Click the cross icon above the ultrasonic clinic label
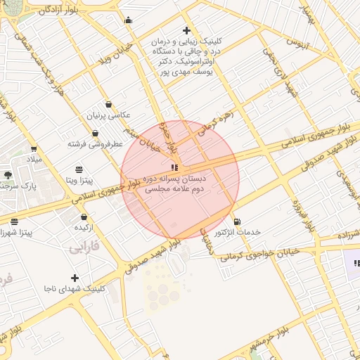186,30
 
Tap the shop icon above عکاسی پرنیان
108,104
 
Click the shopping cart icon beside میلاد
33,149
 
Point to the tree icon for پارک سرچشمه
8,174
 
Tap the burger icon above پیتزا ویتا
79,169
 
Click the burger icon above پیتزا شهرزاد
15,221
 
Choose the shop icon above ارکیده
84,217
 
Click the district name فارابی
85,247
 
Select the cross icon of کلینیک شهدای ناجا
75,278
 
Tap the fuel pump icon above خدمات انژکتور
236,221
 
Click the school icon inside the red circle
174,167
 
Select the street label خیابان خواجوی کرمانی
260,253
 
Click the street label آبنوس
297,42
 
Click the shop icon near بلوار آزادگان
128,20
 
